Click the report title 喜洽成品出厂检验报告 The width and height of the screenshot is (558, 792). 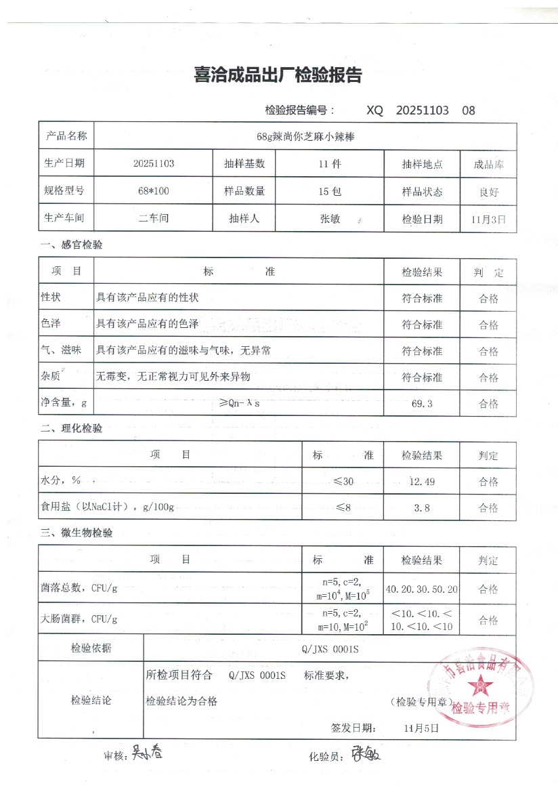pyautogui.click(x=278, y=75)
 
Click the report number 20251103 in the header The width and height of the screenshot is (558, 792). pyautogui.click(x=421, y=110)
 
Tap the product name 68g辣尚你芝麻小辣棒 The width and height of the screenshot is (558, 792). pyautogui.click(x=306, y=136)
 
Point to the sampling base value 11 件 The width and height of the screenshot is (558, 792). pyautogui.click(x=330, y=164)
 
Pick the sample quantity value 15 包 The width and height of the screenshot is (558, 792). pyautogui.click(x=330, y=191)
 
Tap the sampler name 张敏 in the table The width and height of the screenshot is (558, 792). pyautogui.click(x=330, y=219)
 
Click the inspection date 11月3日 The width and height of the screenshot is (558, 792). pyautogui.click(x=488, y=219)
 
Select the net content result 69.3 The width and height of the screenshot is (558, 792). pyautogui.click(x=422, y=404)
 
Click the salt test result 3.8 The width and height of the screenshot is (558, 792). pyautogui.click(x=422, y=507)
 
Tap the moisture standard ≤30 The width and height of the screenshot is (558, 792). pyautogui.click(x=343, y=481)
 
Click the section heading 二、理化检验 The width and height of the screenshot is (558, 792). pyautogui.click(x=71, y=428)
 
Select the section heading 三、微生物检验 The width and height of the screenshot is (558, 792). pyautogui.click(x=76, y=533)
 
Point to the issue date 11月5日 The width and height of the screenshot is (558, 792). pyautogui.click(x=421, y=728)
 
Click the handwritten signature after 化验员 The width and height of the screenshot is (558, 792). pyautogui.click(x=365, y=753)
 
